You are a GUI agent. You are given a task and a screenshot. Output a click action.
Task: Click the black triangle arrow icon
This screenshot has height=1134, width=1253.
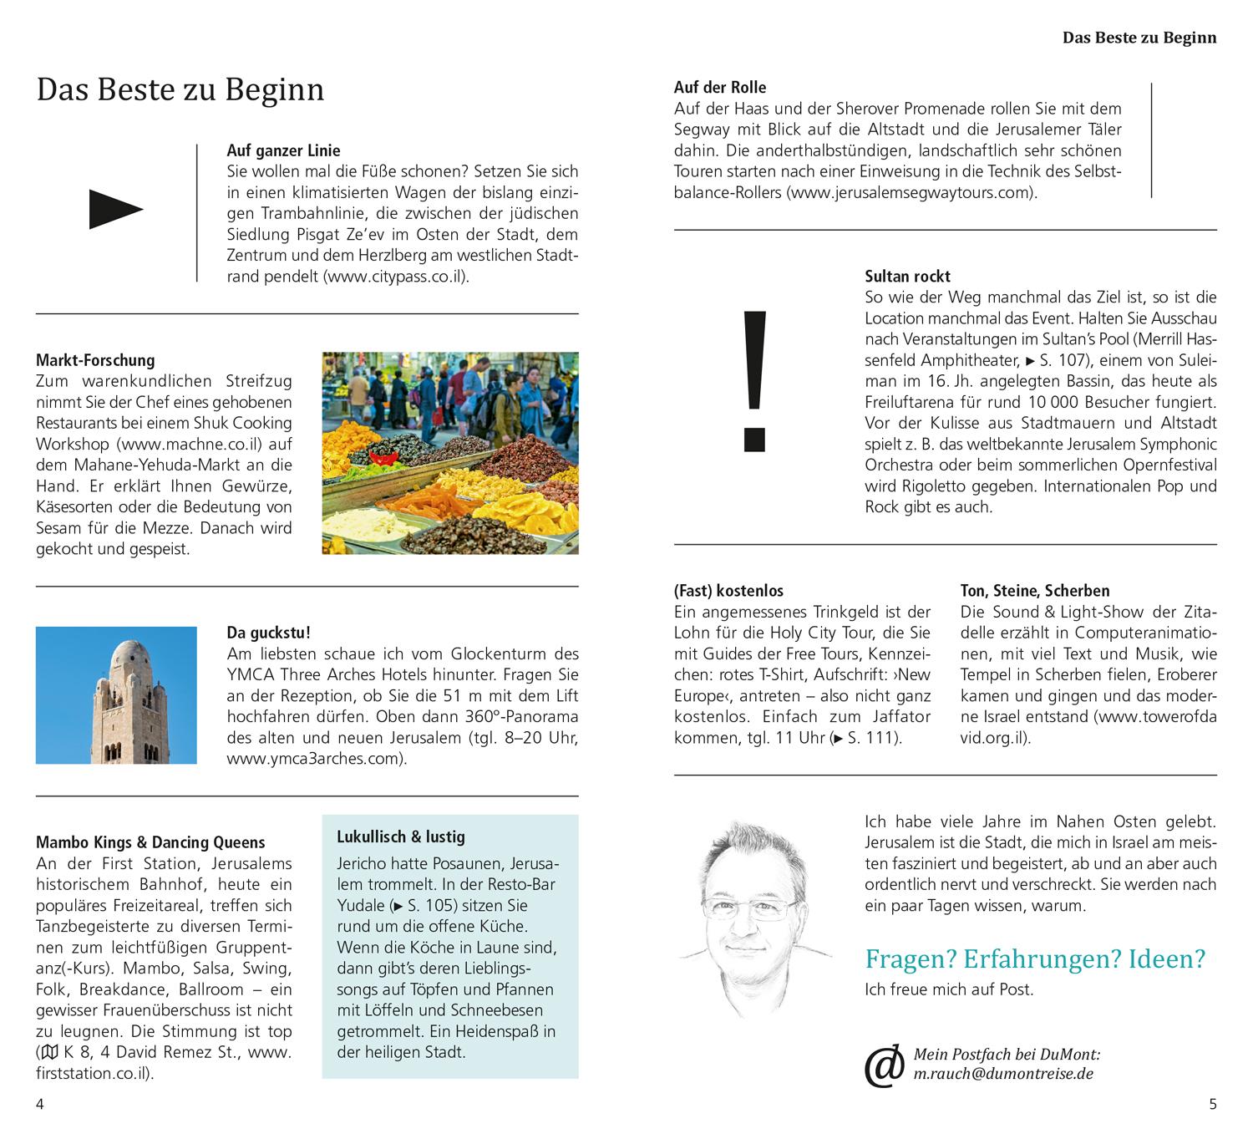116,210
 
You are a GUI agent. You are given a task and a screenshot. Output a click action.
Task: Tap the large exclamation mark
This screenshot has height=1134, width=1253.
754,381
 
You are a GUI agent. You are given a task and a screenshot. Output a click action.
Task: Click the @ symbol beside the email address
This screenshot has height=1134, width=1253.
884,1065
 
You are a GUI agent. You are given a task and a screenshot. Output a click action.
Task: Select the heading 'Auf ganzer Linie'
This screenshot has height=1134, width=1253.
283,150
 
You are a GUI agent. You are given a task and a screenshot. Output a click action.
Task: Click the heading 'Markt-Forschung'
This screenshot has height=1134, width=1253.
95,360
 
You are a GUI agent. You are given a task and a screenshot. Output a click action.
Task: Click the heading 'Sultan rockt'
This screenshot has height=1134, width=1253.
907,276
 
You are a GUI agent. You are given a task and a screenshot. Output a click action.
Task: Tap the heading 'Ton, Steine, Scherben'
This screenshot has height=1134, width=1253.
1034,591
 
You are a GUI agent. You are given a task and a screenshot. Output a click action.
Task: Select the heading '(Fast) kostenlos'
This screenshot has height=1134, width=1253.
728,591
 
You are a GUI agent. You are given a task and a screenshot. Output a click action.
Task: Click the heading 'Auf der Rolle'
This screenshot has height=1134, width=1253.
719,87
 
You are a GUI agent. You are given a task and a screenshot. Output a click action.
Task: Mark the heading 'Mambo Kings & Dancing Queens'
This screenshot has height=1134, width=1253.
150,842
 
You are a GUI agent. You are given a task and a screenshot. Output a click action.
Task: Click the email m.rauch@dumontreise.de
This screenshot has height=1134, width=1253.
1003,1074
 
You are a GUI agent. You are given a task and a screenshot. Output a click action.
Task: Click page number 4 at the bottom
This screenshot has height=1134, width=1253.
39,1104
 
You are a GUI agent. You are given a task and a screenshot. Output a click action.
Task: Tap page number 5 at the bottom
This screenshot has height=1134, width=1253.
1213,1104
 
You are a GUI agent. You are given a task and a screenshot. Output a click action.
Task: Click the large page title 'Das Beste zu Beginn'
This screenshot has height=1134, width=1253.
180,89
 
